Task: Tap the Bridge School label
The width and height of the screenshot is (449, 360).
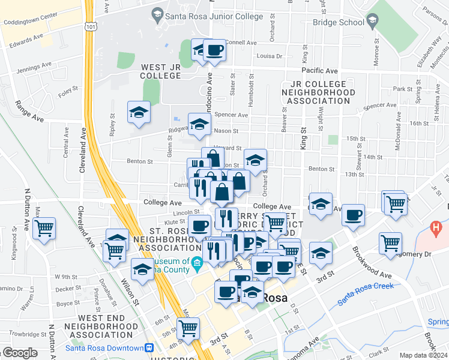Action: coord(339,23)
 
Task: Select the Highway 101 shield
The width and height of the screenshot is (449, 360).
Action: coord(89,26)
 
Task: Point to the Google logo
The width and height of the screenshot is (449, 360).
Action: coord(20,353)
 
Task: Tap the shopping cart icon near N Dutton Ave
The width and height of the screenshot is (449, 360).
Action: coord(44,228)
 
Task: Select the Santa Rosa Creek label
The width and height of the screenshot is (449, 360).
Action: coord(365,293)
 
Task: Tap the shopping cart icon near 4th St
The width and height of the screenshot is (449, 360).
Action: coord(188,328)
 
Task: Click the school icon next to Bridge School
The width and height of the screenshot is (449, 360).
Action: coord(372,22)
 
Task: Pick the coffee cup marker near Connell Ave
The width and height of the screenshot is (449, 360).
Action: coord(214,50)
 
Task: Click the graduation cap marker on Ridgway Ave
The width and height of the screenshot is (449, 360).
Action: coord(199,124)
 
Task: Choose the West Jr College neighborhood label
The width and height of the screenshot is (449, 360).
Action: coord(161,71)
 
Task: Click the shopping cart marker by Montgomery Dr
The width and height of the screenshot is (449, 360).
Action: coord(390,243)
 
